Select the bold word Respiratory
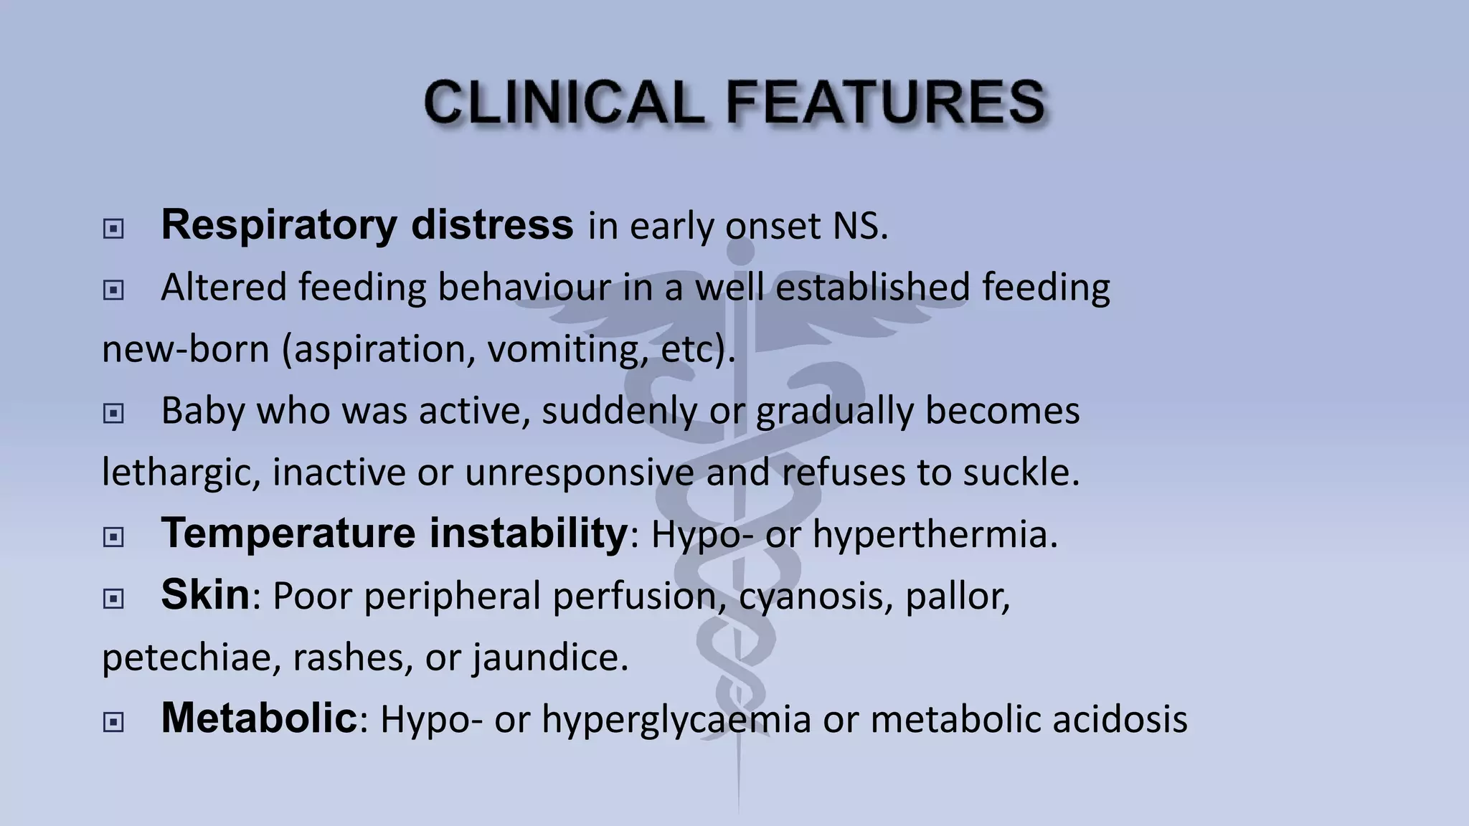pyautogui.click(x=278, y=225)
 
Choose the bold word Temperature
pyautogui.click(x=287, y=533)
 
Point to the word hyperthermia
pyautogui.click(x=935, y=535)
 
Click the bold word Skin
pyautogui.click(x=205, y=595)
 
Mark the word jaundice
pyautogui.click(x=550, y=658)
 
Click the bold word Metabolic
pyautogui.click(x=258, y=718)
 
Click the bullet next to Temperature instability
pyautogui.click(x=113, y=536)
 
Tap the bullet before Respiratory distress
pyautogui.click(x=113, y=229)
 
